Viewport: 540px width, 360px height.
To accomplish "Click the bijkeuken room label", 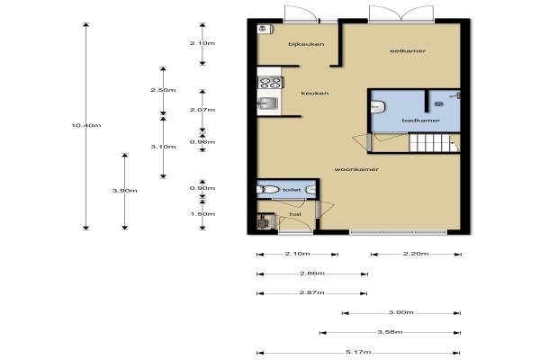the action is (306, 44).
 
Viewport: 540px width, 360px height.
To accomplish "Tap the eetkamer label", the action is (408, 51).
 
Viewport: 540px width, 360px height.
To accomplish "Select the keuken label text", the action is (315, 94).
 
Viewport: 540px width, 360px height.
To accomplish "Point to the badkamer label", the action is (421, 121).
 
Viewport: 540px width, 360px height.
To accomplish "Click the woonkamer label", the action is (356, 169).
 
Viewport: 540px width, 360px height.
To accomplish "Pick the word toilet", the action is (292, 190).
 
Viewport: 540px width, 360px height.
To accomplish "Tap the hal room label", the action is (295, 214).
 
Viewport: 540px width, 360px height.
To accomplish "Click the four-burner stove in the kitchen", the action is (271, 83).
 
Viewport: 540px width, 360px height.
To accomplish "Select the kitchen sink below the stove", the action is (268, 103).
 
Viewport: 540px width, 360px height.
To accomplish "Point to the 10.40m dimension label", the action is (86, 125).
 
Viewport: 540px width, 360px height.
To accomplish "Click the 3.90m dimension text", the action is (125, 191).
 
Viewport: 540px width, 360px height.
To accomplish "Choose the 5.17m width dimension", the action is (358, 352).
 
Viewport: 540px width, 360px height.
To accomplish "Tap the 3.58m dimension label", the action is (390, 332).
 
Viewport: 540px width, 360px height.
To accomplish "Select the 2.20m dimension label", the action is (416, 254).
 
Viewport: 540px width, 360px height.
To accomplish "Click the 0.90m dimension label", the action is (202, 188).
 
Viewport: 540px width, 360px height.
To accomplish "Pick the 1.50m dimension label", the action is (202, 214).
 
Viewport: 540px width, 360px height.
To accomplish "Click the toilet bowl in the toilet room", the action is (268, 190).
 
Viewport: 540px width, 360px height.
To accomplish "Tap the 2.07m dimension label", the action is (202, 110).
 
